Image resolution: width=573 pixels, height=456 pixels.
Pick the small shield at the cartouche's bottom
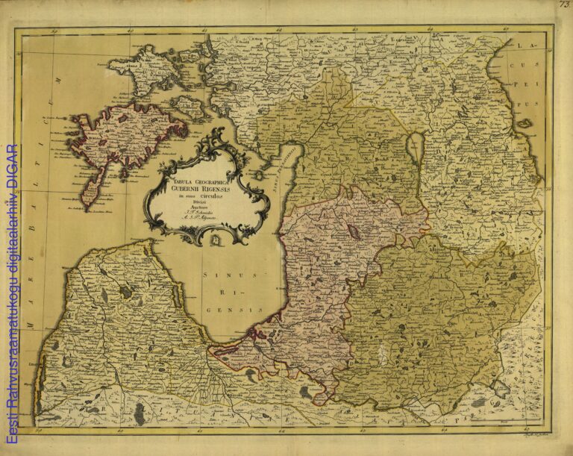(x=214, y=240)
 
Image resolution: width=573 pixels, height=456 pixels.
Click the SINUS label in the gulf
(x=219, y=275)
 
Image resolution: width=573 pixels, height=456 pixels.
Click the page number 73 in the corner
(x=564, y=4)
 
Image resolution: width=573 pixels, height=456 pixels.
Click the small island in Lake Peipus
(x=525, y=122)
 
